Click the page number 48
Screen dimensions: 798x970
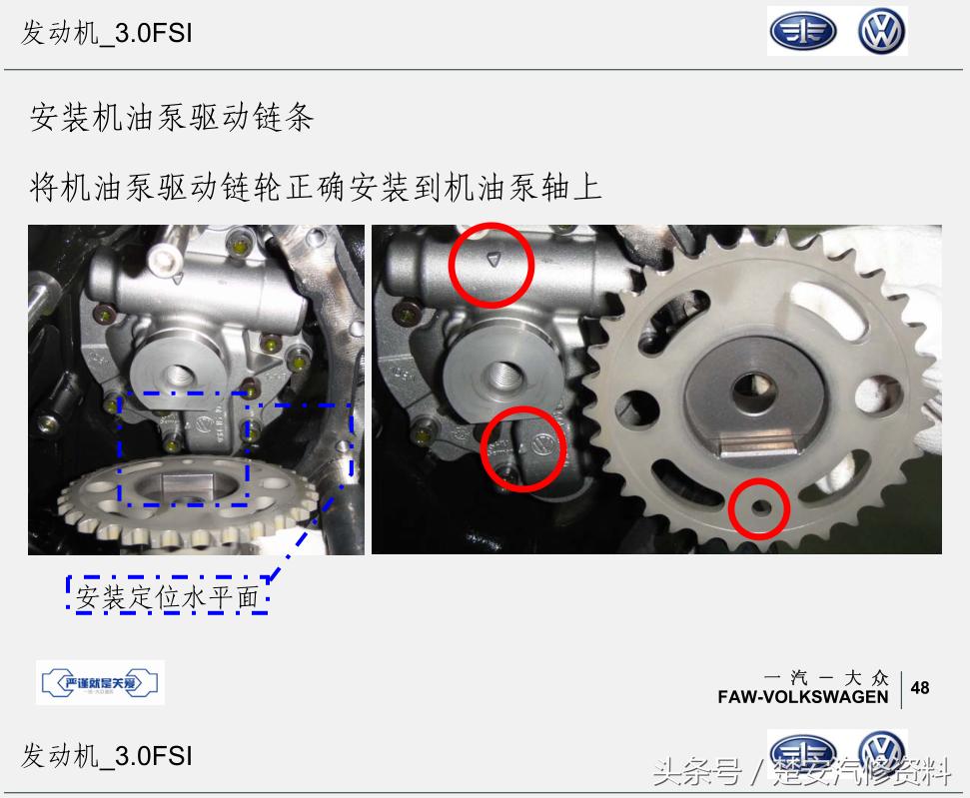pyautogui.click(x=920, y=687)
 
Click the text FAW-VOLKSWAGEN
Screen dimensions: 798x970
pyautogui.click(x=802, y=696)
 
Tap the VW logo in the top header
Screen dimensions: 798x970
pyautogui.click(x=881, y=32)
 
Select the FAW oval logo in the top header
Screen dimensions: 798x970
pyautogui.click(x=801, y=32)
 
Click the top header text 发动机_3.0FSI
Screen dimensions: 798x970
pyautogui.click(x=107, y=33)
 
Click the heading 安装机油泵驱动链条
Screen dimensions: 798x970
pyautogui.click(x=172, y=118)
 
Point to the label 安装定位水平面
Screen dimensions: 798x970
pyautogui.click(x=167, y=597)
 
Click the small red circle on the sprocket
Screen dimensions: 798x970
pyautogui.click(x=758, y=508)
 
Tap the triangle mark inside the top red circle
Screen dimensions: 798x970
pyautogui.click(x=490, y=260)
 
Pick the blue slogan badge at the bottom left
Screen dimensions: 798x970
pyautogui.click(x=100, y=683)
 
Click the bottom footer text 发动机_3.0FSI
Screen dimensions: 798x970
pyautogui.click(x=107, y=755)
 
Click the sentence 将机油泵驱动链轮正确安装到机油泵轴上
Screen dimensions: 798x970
pyautogui.click(x=316, y=186)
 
